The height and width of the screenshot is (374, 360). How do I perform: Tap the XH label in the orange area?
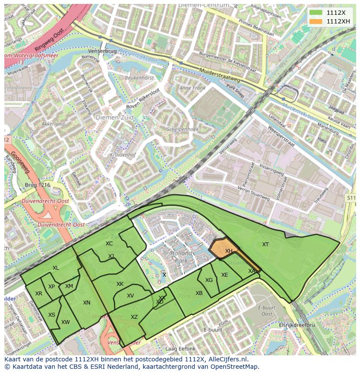coord(229,251)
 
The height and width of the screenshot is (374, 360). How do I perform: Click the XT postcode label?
coord(265,245)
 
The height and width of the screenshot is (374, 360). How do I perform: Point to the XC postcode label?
coord(109,244)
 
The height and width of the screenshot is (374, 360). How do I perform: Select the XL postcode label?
coord(56,268)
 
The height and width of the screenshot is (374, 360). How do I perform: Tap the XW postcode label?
coord(66,322)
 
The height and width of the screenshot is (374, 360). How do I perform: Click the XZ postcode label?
coord(134,317)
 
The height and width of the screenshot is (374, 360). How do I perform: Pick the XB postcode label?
coord(199,293)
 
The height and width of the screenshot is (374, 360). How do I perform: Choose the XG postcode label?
coord(209,280)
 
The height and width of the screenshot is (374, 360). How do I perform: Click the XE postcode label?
coord(224,275)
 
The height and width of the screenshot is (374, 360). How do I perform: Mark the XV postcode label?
coord(130,296)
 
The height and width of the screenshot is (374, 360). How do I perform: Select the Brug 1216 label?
coord(38,185)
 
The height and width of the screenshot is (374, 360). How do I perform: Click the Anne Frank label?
coord(192,88)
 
